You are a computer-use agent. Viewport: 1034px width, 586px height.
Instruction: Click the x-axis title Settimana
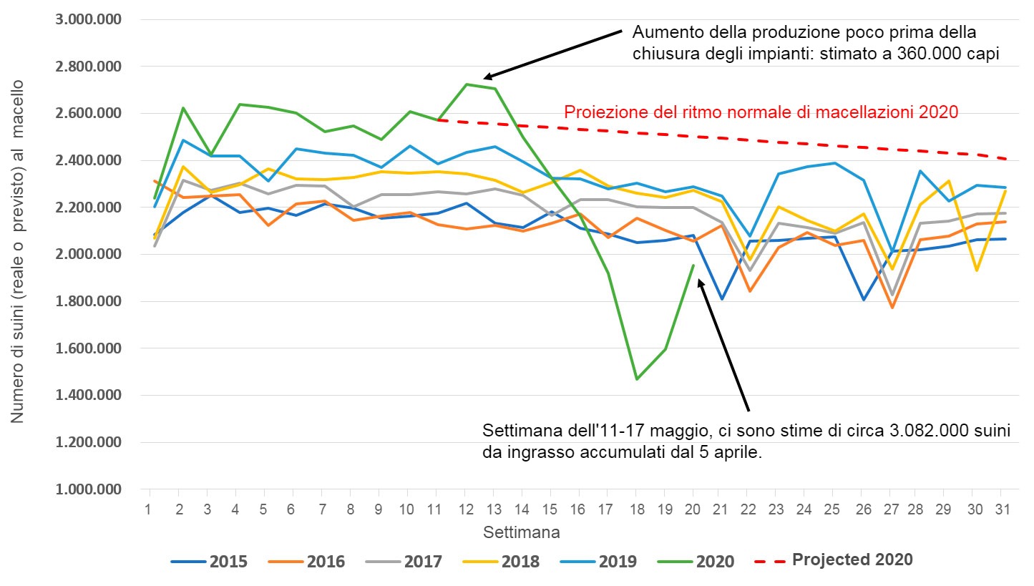coord(521,532)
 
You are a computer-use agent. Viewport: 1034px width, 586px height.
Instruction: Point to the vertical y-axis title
coord(18,250)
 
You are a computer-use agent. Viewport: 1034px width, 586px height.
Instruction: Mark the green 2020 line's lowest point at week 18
coord(636,379)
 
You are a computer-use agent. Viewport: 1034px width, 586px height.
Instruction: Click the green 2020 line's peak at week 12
coord(466,84)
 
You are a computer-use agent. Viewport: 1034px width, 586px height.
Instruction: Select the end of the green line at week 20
coord(693,265)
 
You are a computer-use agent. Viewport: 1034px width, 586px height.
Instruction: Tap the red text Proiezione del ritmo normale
coord(761,112)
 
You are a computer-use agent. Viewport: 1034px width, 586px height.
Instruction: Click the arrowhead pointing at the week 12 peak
coord(487,77)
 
